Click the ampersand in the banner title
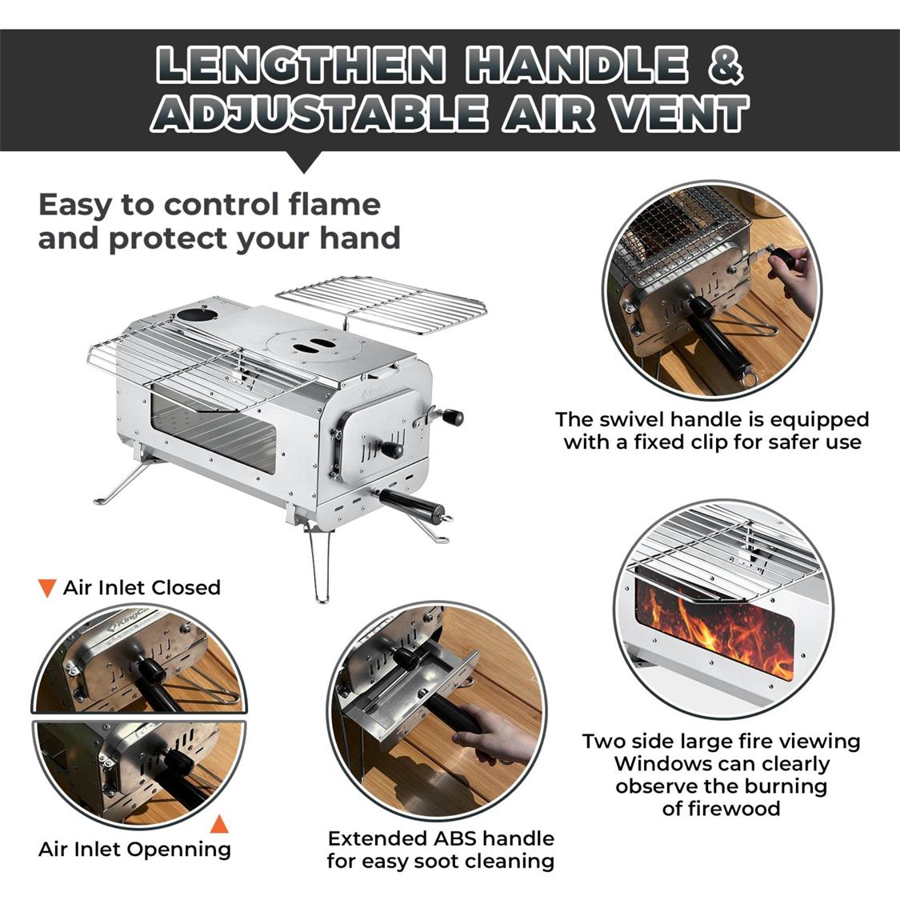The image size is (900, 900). [724, 66]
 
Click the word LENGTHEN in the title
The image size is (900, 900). [299, 66]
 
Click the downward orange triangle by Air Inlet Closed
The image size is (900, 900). [47, 589]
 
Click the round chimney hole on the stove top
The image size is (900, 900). [192, 315]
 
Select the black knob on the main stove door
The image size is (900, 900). [392, 450]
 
